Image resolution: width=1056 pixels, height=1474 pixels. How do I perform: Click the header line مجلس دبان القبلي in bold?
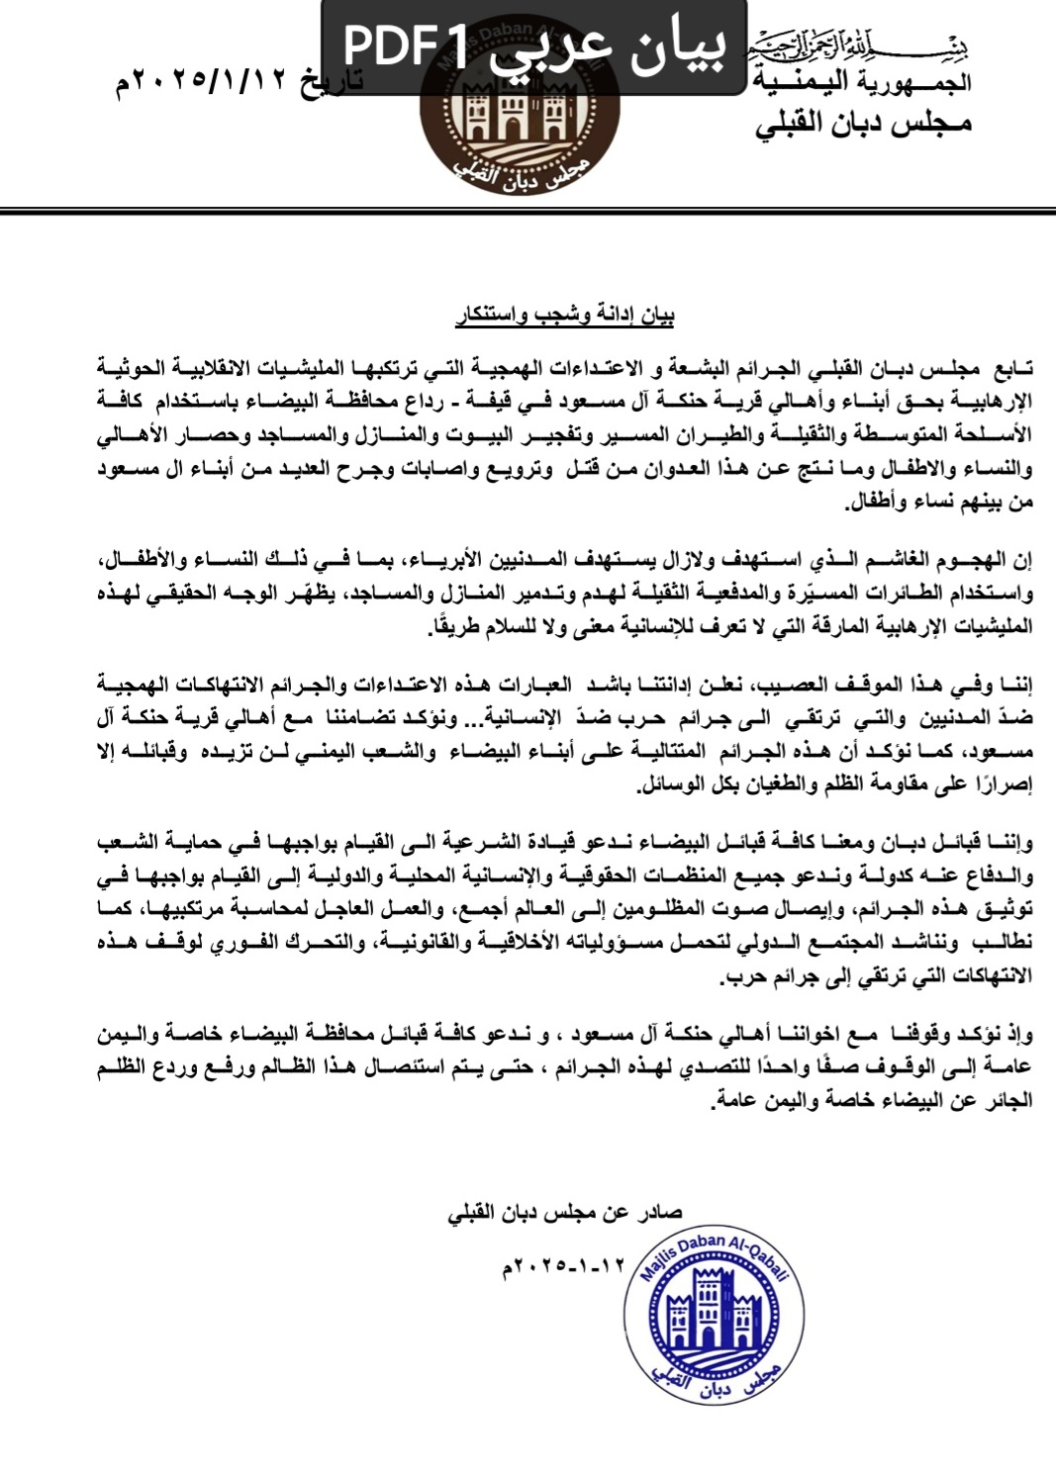(x=863, y=125)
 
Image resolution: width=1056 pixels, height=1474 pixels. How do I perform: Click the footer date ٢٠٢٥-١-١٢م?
(x=566, y=1265)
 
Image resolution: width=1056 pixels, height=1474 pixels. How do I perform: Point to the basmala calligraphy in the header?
(x=859, y=46)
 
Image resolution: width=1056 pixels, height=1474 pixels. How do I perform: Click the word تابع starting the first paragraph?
(x=1011, y=368)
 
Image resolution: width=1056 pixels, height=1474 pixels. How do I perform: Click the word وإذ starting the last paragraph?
(x=1018, y=1036)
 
